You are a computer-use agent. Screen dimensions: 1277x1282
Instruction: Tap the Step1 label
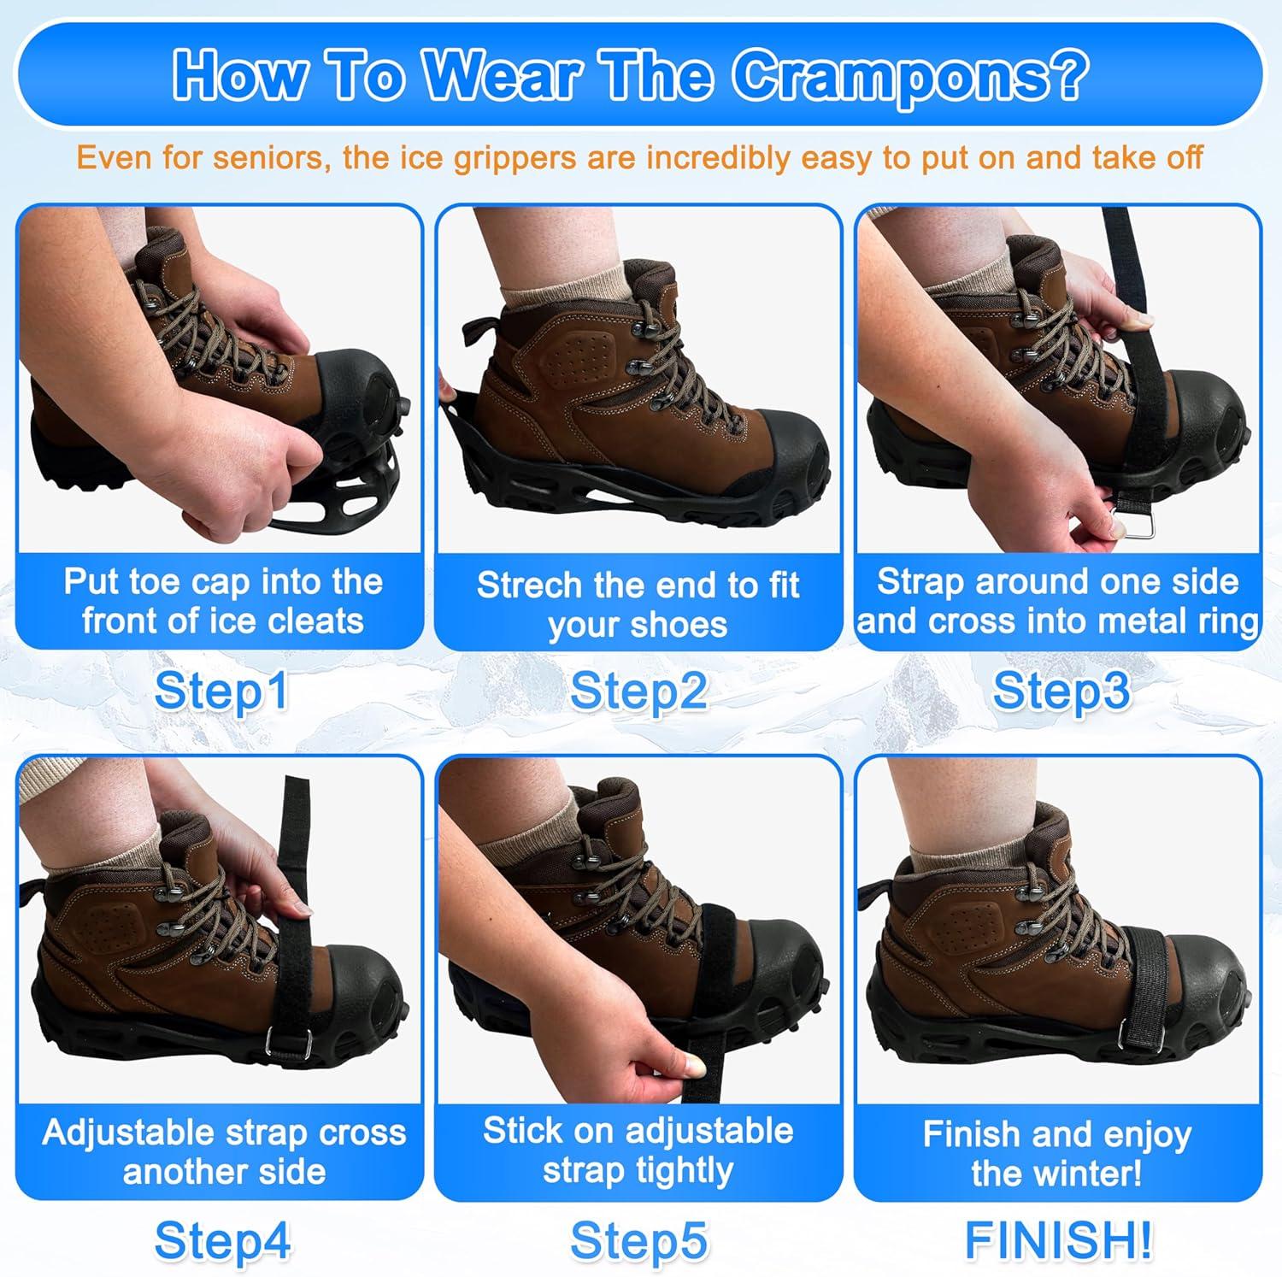tap(221, 691)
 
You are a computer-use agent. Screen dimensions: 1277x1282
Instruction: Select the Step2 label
tap(638, 691)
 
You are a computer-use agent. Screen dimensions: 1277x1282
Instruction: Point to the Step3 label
tap(1060, 691)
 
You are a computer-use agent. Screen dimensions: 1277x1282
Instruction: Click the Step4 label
tap(221, 1239)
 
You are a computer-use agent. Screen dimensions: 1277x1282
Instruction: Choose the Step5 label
tap(638, 1239)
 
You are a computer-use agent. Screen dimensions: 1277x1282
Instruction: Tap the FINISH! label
tap(1058, 1239)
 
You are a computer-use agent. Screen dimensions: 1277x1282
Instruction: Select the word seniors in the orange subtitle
tap(275, 158)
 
